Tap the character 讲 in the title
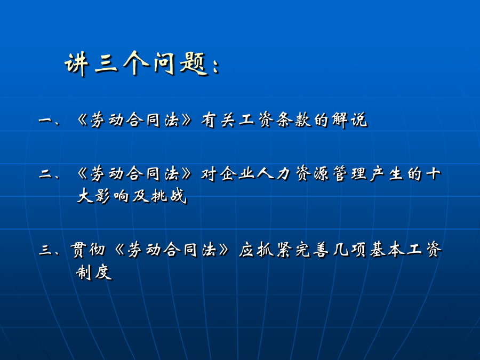click(76, 65)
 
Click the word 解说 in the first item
click(349, 119)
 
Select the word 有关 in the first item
click(219, 119)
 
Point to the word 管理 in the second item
click(349, 173)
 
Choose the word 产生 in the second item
click(387, 173)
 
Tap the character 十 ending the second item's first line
click(433, 173)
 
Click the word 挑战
click(169, 196)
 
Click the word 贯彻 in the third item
click(88, 250)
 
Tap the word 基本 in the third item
click(387, 250)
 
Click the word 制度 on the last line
click(94, 272)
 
